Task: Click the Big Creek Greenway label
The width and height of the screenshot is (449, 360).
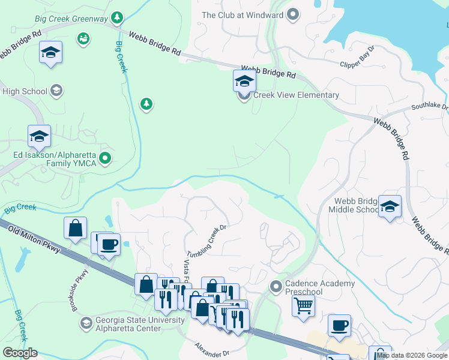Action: pos(72,19)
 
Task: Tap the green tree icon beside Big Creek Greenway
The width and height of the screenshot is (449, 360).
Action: pos(118,18)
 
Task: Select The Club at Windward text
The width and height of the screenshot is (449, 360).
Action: pos(243,15)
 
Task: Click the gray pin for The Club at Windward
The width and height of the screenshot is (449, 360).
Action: pos(293,14)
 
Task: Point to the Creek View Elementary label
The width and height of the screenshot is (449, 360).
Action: pos(296,95)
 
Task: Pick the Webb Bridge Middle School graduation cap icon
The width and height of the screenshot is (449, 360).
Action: pos(390,207)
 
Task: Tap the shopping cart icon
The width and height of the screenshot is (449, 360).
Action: pos(303,305)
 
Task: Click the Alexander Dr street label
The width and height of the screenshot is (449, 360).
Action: pos(212,349)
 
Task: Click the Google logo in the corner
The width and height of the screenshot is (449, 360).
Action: pos(20,353)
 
